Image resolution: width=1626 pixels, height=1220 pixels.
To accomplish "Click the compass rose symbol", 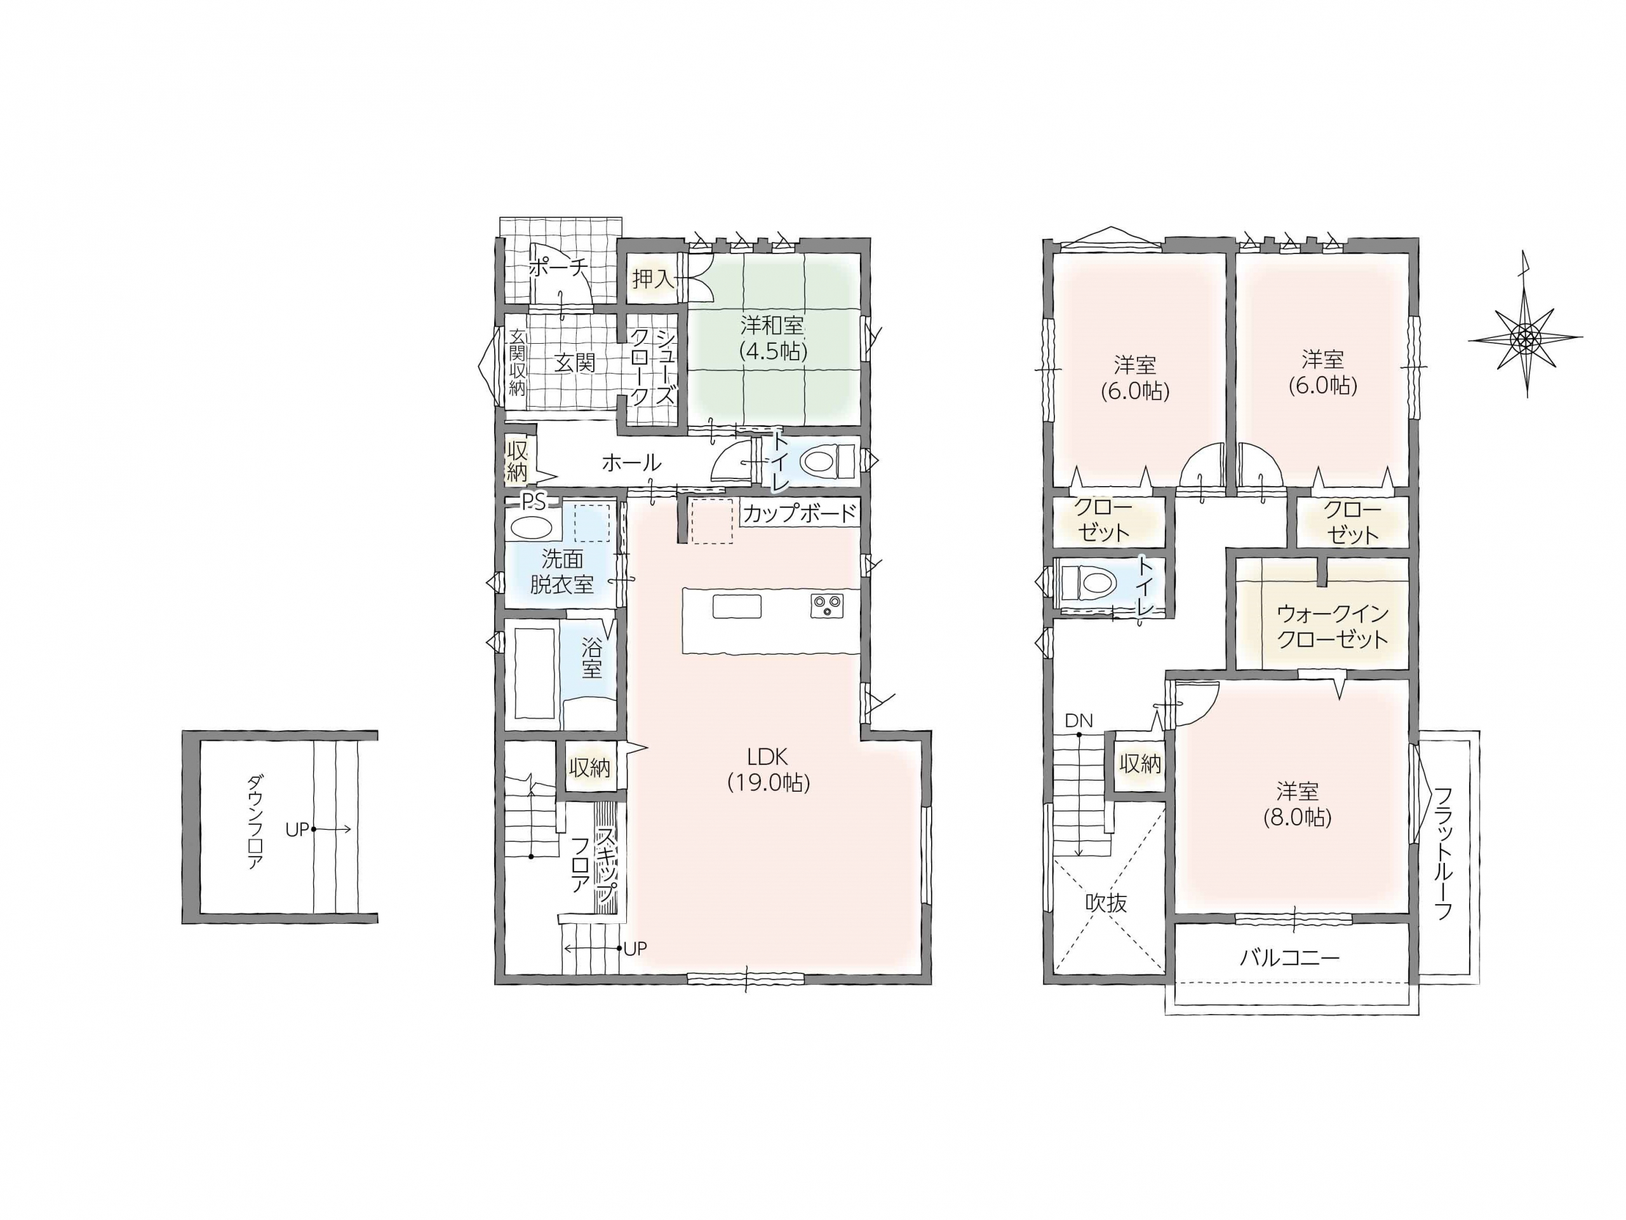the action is (x=1525, y=337).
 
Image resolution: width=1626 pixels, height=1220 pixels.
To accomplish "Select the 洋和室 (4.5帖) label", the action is (x=772, y=337).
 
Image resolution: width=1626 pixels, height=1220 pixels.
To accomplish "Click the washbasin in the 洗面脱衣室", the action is (x=532, y=528).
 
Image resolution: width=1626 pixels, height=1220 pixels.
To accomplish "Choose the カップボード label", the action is (x=800, y=513).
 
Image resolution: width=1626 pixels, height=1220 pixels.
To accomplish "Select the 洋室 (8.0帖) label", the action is (x=1298, y=804).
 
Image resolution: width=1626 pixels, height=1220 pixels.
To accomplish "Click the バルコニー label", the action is (x=1290, y=957).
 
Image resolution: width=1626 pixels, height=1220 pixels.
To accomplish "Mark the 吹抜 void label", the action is (x=1106, y=903).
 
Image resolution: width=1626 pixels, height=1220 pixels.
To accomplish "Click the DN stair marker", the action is (x=1079, y=721).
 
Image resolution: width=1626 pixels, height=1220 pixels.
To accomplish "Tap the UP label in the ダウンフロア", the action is (x=297, y=829).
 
